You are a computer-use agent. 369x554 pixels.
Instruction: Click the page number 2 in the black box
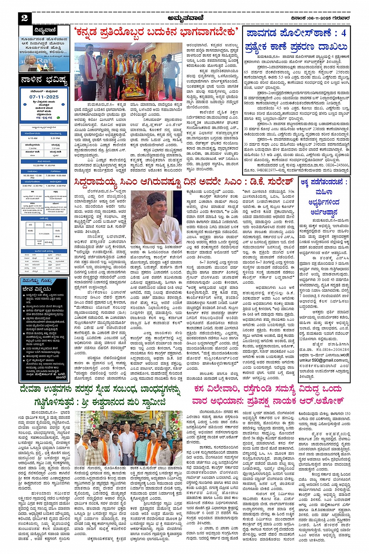(x=25, y=18)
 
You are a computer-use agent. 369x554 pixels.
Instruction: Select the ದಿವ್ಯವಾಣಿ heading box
(x=44, y=30)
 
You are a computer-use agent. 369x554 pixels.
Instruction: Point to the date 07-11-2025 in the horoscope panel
(x=44, y=97)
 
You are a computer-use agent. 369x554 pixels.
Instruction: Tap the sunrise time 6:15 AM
(x=33, y=138)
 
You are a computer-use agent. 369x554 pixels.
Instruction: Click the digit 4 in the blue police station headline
(x=343, y=32)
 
